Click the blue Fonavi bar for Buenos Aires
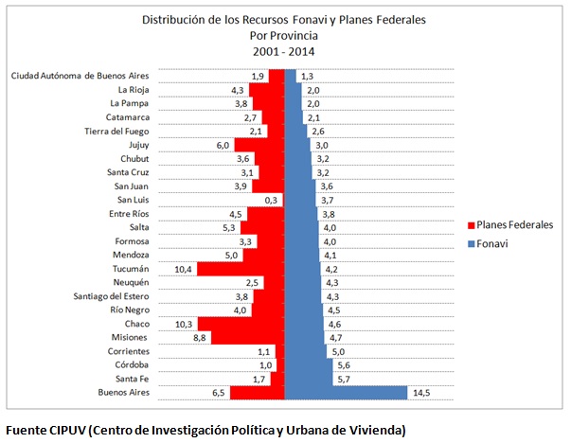coord(351,392)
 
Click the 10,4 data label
coord(185,268)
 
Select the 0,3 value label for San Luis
coord(272,200)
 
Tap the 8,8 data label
coord(200,337)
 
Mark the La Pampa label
coord(129,103)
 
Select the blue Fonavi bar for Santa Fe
coord(309,378)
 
